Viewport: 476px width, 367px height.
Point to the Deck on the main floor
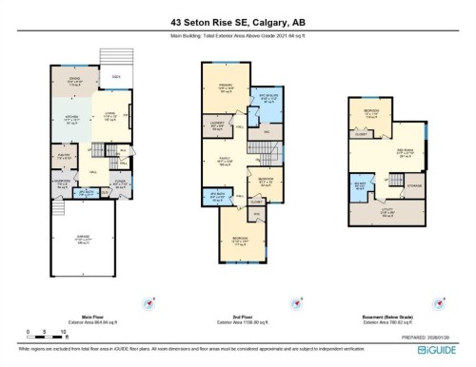click(115, 77)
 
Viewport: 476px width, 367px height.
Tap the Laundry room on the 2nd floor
click(218, 124)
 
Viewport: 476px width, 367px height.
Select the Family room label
click(226, 163)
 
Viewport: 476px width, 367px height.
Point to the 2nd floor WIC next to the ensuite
click(269, 130)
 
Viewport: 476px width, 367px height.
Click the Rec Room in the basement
click(406, 149)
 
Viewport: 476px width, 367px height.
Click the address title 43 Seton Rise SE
click(237, 21)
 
